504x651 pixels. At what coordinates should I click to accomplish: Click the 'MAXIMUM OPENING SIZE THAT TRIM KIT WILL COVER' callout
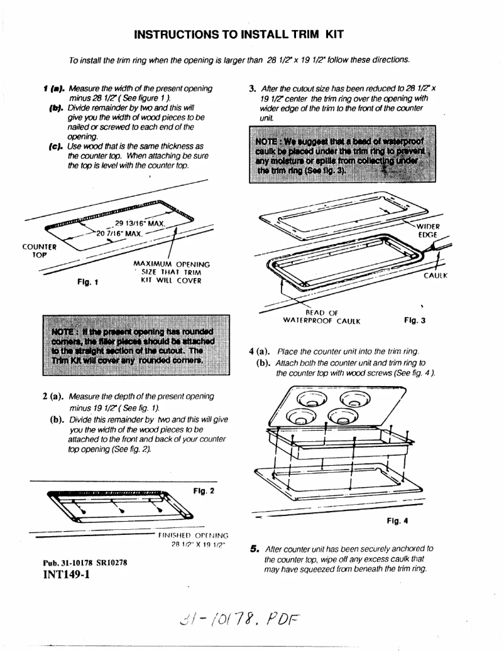tap(172, 272)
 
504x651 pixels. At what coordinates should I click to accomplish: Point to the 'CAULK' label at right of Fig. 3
tap(434, 275)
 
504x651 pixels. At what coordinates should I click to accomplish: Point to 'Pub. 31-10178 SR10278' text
tap(85, 562)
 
